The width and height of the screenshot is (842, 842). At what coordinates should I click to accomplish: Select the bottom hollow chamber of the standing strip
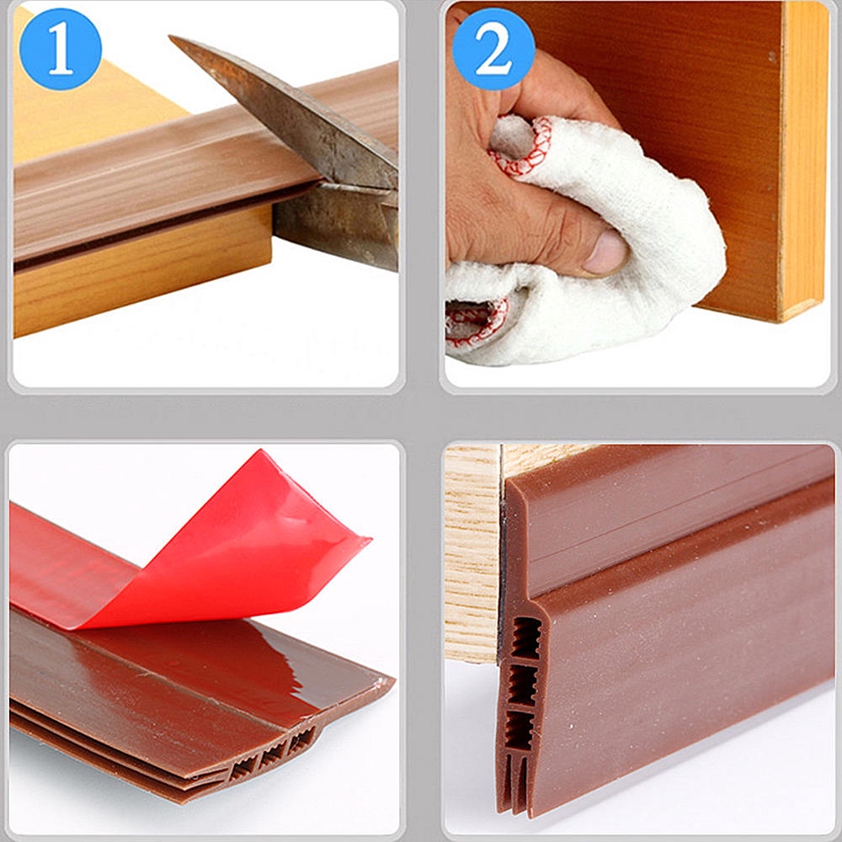520,730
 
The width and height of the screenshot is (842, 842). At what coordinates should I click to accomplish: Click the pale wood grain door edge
472,553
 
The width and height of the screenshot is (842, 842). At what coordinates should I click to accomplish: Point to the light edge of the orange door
802,161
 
